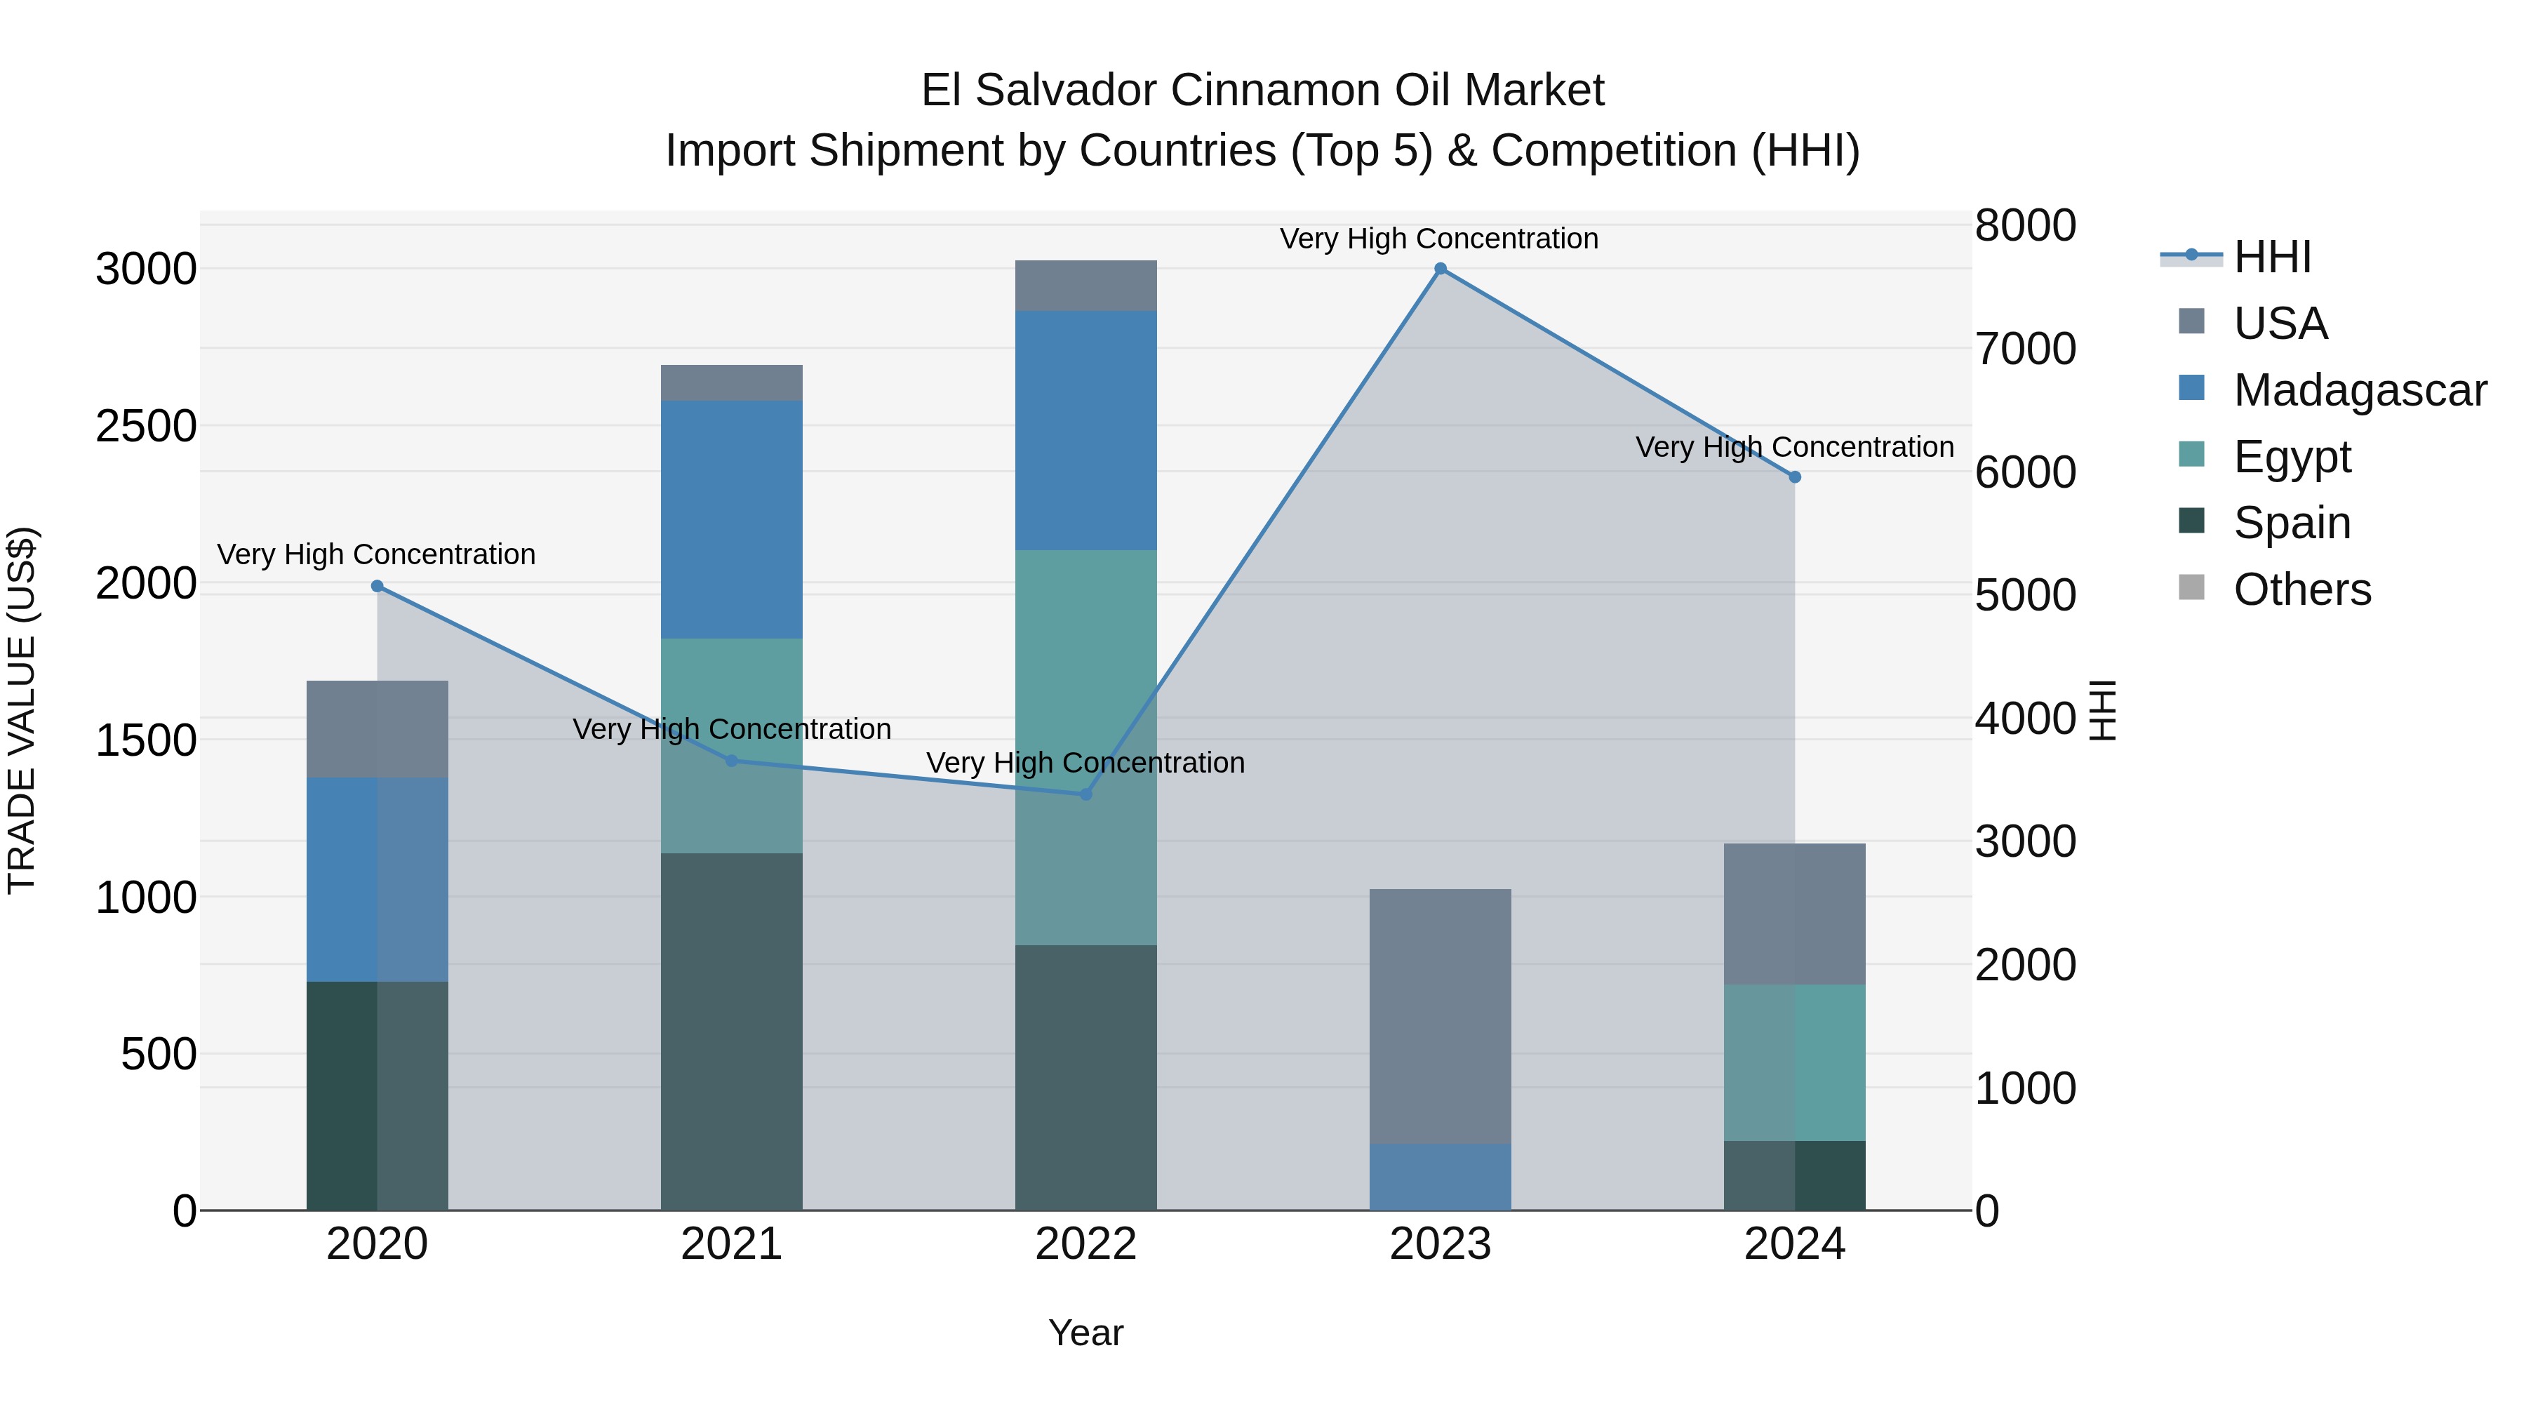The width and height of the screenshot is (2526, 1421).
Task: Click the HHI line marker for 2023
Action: click(1440, 269)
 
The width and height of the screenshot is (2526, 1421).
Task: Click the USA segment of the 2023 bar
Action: click(1440, 1016)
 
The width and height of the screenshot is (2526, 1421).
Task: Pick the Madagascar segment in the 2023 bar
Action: click(1440, 1177)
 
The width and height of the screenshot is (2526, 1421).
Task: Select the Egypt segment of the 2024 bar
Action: click(1794, 1062)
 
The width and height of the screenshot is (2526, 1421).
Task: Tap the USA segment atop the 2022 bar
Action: click(1085, 286)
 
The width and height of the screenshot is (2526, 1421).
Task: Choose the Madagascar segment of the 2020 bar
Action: click(377, 880)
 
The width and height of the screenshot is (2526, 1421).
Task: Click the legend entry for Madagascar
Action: click(2358, 390)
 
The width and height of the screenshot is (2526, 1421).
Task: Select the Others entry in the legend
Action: click(2301, 589)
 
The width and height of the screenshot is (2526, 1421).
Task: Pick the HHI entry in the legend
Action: click(2271, 257)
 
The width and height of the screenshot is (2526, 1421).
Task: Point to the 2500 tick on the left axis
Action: click(146, 427)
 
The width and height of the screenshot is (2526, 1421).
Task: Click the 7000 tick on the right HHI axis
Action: click(2025, 349)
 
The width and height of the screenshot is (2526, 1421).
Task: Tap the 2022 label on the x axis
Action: click(1085, 1244)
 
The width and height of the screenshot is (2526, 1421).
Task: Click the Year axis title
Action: click(1085, 1333)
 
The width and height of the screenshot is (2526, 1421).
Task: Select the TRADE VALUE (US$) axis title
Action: click(22, 710)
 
